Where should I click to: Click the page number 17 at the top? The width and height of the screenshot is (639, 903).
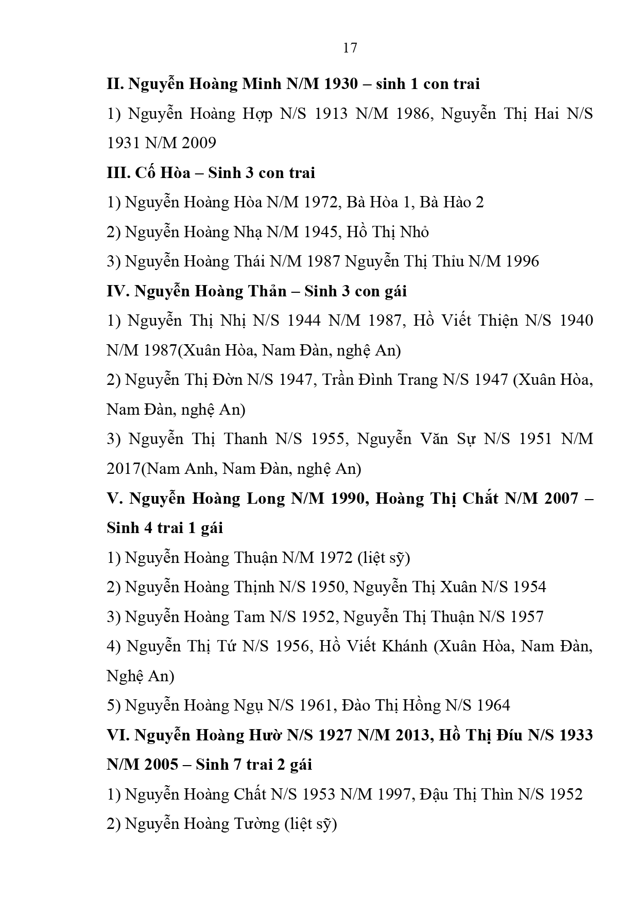point(350,48)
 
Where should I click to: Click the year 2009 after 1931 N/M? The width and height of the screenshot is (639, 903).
point(199,143)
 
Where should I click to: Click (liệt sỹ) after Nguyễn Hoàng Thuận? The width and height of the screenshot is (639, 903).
point(384,558)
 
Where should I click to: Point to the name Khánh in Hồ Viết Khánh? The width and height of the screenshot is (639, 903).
point(405,647)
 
